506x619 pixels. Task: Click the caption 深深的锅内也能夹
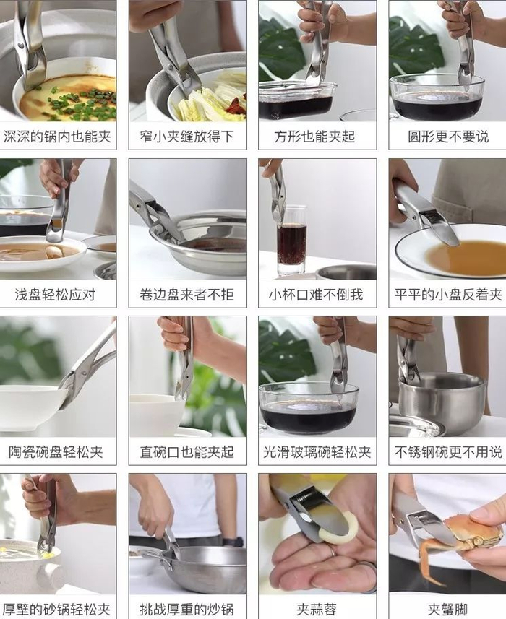tap(57, 137)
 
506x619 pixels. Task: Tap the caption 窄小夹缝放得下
tap(186, 137)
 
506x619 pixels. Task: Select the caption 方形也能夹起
tap(315, 137)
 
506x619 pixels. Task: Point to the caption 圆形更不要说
tap(448, 137)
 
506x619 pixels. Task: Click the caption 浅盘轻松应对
tap(56, 295)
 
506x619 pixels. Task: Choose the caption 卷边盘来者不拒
tap(186, 295)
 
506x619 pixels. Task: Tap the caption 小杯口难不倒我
tap(316, 295)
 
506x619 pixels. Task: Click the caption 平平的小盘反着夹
tap(448, 295)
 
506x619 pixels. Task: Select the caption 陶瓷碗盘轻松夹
tap(56, 452)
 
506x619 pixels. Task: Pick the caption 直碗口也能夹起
tap(186, 452)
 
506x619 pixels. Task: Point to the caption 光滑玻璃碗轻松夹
tap(317, 452)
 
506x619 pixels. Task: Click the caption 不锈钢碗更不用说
tap(448, 452)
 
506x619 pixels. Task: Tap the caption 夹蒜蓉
tap(317, 609)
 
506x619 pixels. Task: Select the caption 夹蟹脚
tap(448, 609)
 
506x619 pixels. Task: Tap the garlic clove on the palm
tap(338, 528)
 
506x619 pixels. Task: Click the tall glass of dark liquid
tap(291, 240)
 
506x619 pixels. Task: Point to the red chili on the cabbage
tap(236, 104)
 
